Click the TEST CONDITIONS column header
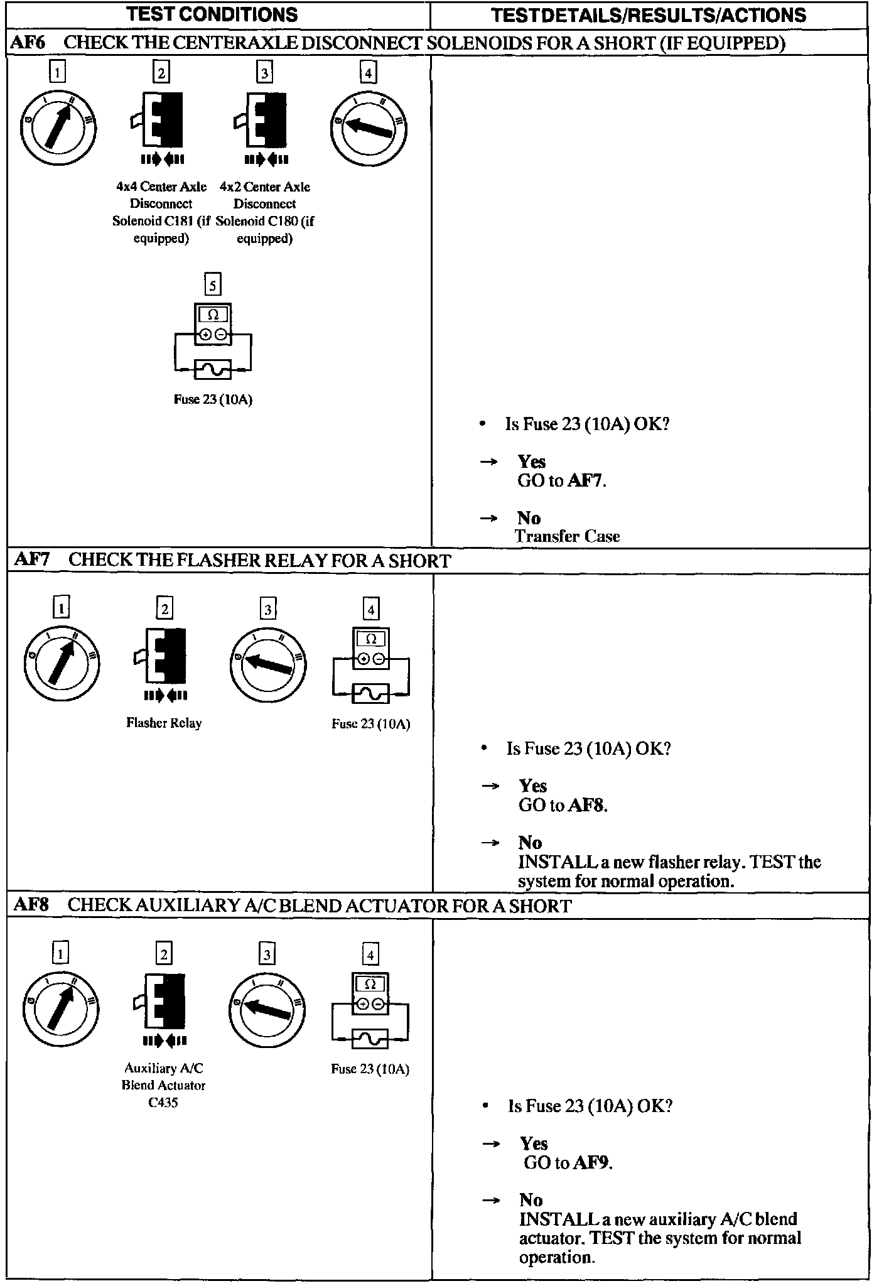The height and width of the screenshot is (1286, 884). tap(212, 14)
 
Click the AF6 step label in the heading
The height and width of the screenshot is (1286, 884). tap(26, 43)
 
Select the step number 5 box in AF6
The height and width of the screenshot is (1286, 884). tap(213, 286)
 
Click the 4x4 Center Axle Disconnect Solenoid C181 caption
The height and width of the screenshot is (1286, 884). tap(161, 212)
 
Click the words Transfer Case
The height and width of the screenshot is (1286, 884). tap(567, 536)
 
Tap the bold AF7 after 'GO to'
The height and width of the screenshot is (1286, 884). tap(585, 481)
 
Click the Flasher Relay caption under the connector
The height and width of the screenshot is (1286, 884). tap(164, 723)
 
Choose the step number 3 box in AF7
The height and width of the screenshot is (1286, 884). tap(267, 609)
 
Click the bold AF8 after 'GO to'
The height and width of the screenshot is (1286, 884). tap(586, 805)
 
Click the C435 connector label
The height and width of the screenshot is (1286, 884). tap(163, 1102)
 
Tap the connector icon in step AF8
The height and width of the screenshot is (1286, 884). tap(163, 1002)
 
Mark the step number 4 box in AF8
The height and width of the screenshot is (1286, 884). tap(370, 954)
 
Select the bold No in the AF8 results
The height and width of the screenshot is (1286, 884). tap(531, 1199)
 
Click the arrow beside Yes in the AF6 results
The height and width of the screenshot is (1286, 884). tap(489, 462)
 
